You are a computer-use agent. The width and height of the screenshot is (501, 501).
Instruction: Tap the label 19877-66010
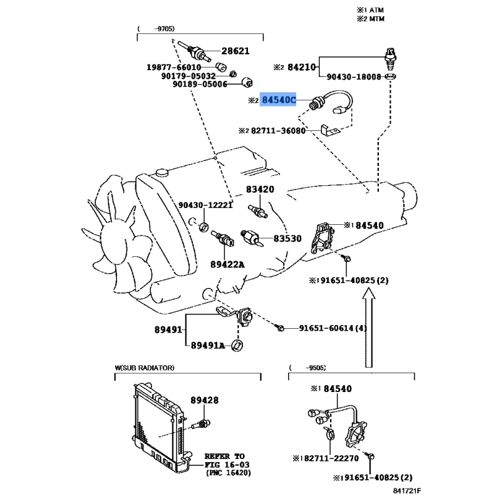tap(174, 67)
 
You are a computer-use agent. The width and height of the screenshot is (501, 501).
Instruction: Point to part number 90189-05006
tap(194, 85)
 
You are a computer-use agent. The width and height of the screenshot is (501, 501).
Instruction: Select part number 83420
tap(260, 189)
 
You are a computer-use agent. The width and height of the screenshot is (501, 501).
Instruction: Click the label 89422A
tap(227, 264)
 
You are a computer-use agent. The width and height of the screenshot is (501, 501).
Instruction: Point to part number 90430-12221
tap(205, 205)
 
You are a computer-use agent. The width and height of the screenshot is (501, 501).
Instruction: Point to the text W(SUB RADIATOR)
tap(145, 368)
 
